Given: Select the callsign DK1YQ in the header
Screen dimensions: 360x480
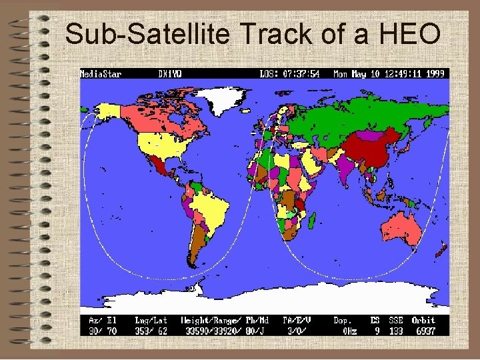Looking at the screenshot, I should (171, 74).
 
